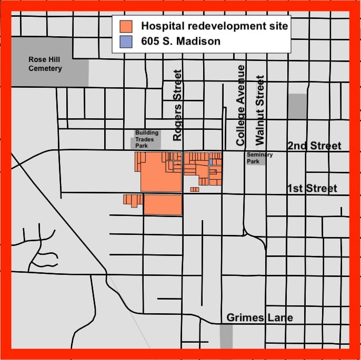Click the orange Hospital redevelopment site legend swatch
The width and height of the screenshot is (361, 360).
pyautogui.click(x=126, y=26)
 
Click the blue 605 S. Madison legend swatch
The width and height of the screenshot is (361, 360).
pyautogui.click(x=126, y=40)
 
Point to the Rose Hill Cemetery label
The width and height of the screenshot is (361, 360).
pyautogui.click(x=45, y=64)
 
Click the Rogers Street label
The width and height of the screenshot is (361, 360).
pyautogui.click(x=177, y=105)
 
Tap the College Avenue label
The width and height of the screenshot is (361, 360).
pyautogui.click(x=241, y=105)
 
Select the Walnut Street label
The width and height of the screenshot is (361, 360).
pyautogui.click(x=259, y=110)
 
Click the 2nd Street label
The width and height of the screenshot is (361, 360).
pyautogui.click(x=314, y=146)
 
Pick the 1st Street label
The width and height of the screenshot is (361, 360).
pyautogui.click(x=312, y=188)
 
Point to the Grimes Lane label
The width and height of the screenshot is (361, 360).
pyautogui.click(x=259, y=317)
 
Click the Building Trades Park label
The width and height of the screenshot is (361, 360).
pyautogui.click(x=145, y=139)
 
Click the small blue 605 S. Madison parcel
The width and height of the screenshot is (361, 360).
pyautogui.click(x=210, y=162)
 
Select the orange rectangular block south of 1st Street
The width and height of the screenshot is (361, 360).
pyautogui.click(x=163, y=204)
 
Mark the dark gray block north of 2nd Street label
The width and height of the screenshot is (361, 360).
pyautogui.click(x=297, y=106)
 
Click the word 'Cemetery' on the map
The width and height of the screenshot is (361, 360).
pyautogui.click(x=45, y=68)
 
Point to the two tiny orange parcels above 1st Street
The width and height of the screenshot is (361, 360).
pyautogui.click(x=195, y=189)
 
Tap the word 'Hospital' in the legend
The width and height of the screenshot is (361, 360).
pyautogui.click(x=161, y=26)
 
